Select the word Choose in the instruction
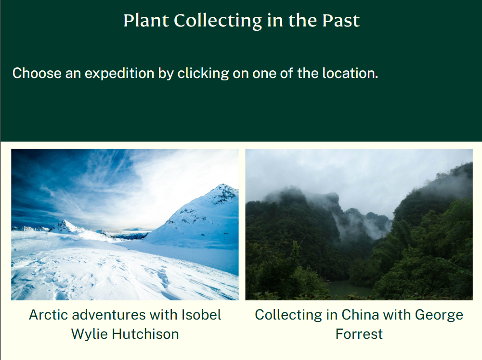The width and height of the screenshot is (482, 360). [37, 74]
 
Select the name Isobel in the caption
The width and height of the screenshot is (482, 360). [201, 315]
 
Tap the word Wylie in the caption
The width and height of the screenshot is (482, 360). [88, 334]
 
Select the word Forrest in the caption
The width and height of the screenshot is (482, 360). [359, 334]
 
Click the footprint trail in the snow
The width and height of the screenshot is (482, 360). [161, 277]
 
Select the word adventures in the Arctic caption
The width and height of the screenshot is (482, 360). [110, 315]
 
